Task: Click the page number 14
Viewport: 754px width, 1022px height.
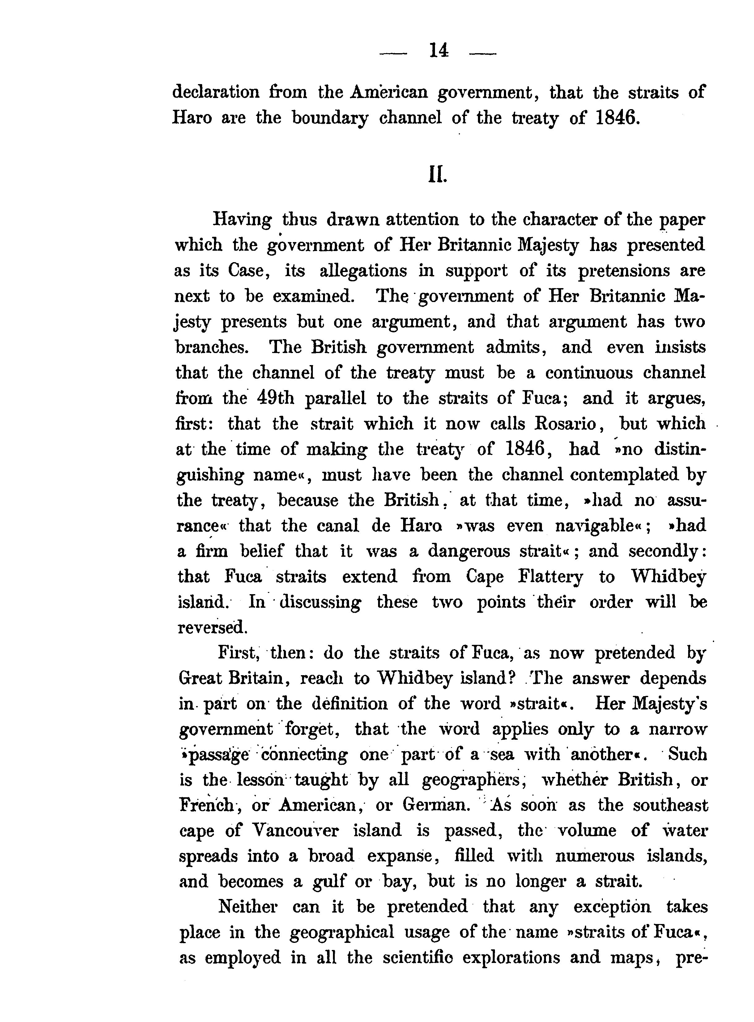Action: click(x=438, y=51)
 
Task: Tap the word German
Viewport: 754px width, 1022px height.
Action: click(x=436, y=806)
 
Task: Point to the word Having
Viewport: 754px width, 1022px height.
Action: click(x=242, y=220)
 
